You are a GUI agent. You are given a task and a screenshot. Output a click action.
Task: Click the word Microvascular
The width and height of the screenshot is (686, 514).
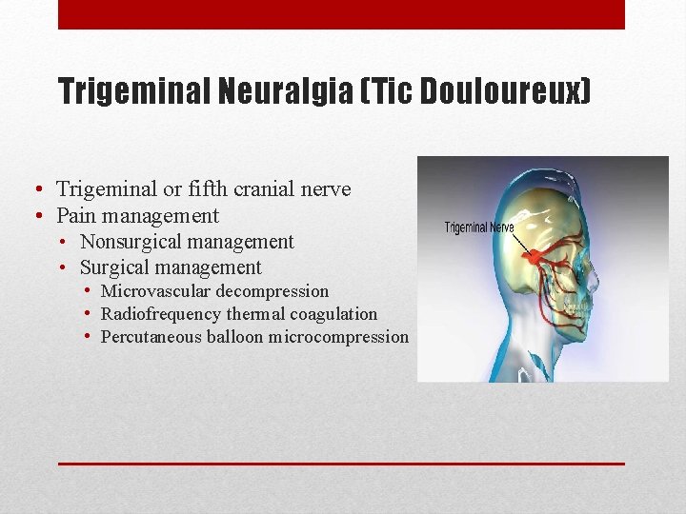click(152, 291)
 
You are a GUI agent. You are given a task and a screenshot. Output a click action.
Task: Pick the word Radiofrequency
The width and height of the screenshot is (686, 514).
click(161, 314)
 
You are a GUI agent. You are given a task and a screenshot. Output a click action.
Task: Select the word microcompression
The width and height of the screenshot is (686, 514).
click(338, 337)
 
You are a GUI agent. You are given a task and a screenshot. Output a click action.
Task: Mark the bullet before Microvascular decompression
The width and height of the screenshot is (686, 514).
click(88, 291)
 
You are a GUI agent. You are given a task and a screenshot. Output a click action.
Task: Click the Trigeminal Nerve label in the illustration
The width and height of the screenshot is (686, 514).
click(479, 227)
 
